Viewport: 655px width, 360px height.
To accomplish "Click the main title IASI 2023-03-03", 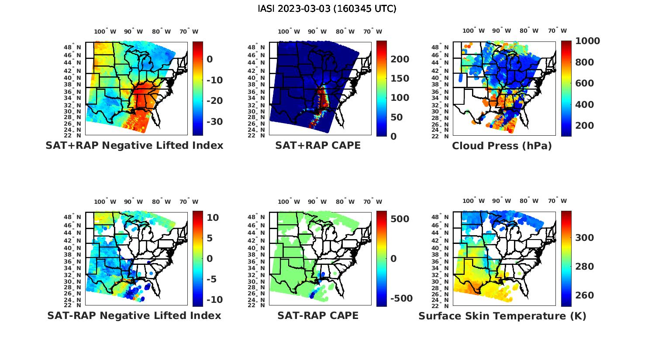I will (327, 9).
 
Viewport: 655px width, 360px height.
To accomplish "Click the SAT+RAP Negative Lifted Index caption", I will (134, 145).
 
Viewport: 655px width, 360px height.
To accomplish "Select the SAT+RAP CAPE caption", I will (318, 145).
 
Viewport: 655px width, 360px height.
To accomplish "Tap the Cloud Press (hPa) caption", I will (502, 146).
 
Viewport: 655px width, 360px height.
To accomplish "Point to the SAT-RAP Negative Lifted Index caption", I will (134, 315).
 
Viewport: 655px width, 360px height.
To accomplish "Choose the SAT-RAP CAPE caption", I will (318, 315).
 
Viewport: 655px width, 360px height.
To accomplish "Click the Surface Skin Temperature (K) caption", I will (502, 316).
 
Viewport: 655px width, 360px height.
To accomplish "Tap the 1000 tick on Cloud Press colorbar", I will (587, 41).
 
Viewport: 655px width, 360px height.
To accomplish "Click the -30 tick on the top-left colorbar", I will (214, 121).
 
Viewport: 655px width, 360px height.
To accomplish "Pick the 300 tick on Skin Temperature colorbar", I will (585, 238).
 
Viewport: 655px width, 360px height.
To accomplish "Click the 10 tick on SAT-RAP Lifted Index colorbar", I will (213, 218).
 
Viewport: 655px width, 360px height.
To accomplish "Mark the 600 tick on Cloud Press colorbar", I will (585, 83).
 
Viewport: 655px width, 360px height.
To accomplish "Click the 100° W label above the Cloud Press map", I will (474, 31).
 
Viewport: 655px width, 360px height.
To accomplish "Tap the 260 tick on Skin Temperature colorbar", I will (585, 295).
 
